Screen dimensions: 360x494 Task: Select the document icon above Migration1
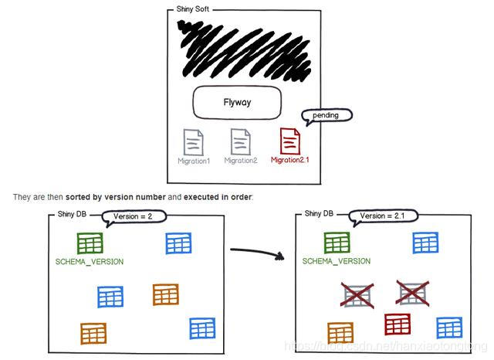(x=193, y=142)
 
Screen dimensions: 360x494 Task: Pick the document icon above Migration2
(x=241, y=142)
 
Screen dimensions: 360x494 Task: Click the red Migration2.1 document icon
(x=290, y=141)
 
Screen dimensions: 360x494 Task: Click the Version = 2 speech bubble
(x=138, y=216)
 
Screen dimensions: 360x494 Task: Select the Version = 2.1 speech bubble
(x=384, y=216)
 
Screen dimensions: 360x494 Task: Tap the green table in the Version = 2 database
(x=90, y=243)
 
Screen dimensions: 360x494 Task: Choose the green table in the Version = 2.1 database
(x=337, y=243)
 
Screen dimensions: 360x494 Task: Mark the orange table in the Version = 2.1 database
(x=340, y=333)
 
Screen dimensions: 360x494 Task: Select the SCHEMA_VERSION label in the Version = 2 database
(x=90, y=262)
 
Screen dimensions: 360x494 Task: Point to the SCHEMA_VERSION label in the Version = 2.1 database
(x=337, y=262)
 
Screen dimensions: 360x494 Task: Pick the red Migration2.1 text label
(x=290, y=161)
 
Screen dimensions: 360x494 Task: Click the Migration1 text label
(x=193, y=161)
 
